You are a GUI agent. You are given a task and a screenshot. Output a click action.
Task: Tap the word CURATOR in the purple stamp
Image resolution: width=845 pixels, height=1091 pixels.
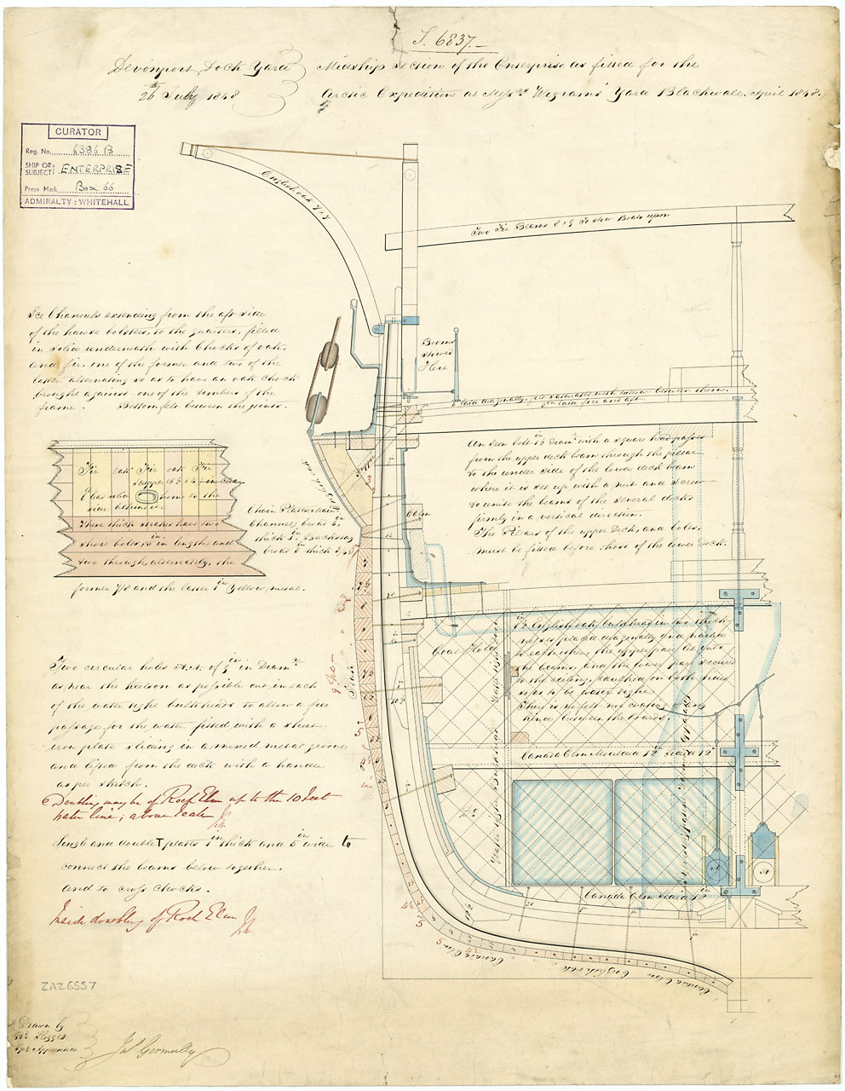click(78, 133)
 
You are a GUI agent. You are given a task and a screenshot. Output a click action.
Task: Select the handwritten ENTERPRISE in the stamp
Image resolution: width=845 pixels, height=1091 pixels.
click(99, 170)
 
